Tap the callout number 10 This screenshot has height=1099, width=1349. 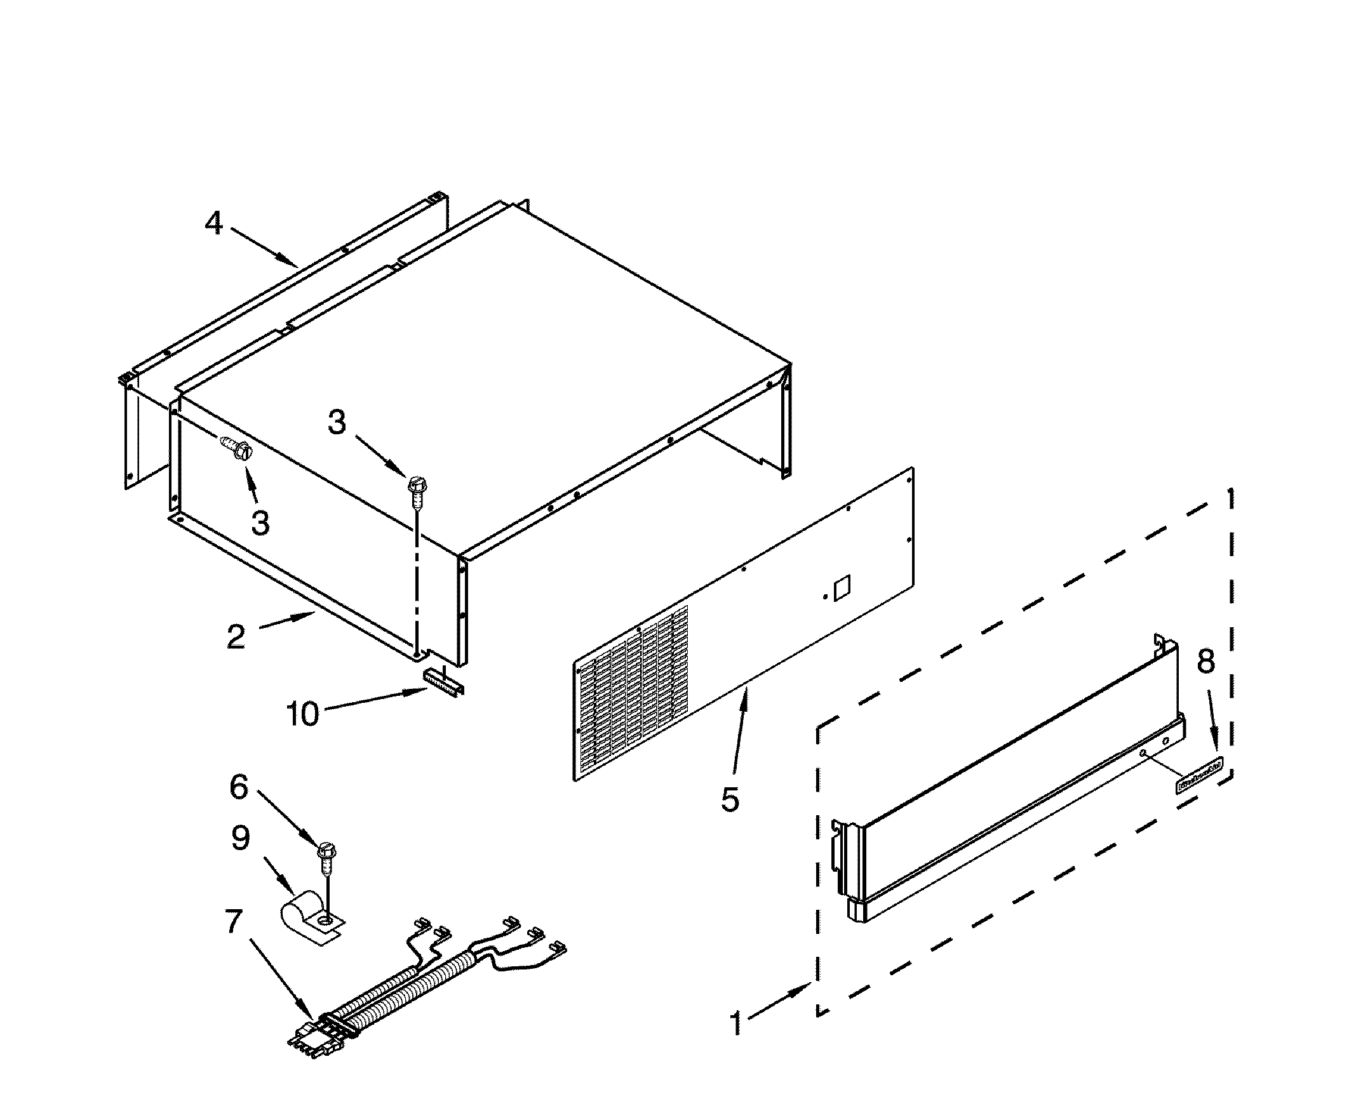point(303,714)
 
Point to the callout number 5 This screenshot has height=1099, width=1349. point(730,799)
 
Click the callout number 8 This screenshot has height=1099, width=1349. point(1205,662)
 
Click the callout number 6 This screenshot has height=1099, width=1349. point(239,787)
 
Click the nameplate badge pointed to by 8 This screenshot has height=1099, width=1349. point(1199,782)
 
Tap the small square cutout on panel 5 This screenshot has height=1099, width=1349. point(842,587)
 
